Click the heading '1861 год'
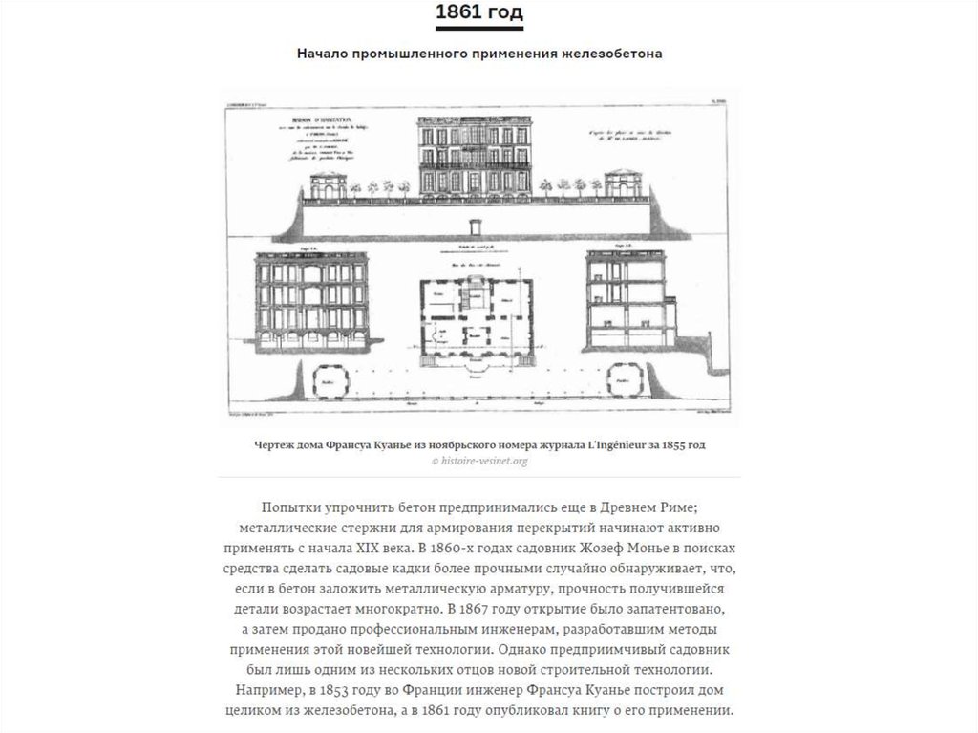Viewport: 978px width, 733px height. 478,14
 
